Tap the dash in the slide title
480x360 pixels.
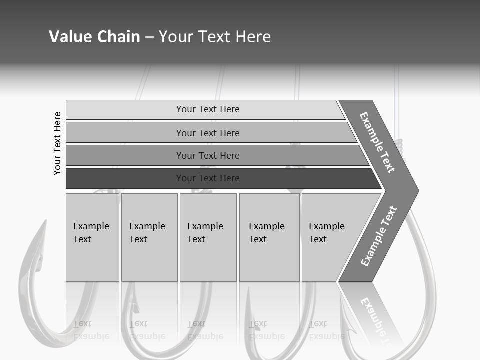click(149, 37)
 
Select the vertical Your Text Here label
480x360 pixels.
click(57, 143)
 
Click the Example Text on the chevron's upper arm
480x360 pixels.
click(377, 142)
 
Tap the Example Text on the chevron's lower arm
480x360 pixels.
click(378, 236)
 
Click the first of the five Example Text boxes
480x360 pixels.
click(92, 237)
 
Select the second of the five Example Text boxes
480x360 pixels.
click(149, 237)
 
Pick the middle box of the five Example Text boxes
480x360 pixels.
click(208, 237)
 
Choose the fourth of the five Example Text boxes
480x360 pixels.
click(269, 237)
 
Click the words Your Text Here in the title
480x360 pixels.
click(215, 37)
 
